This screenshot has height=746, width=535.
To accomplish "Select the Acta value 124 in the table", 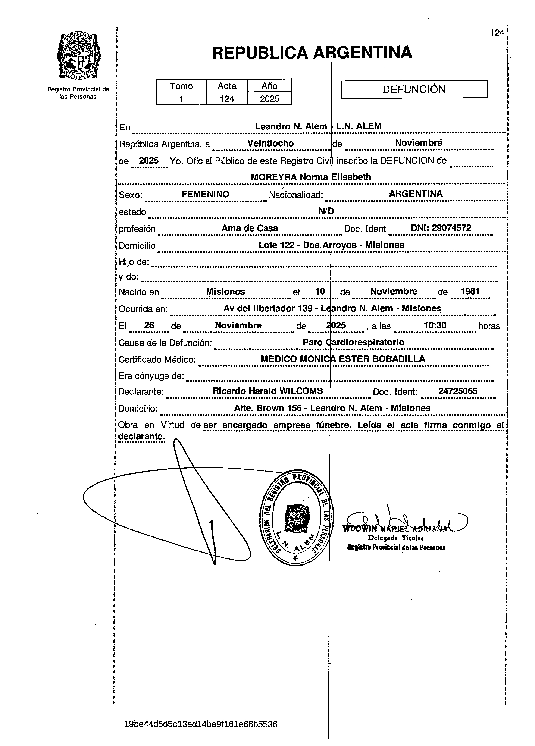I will point(227,99).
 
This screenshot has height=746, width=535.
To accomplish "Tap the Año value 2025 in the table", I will point(269,99).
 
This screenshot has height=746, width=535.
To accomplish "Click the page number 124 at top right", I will point(497,33).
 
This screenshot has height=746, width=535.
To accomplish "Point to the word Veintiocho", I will point(270,143).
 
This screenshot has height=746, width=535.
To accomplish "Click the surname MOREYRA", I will point(274,177).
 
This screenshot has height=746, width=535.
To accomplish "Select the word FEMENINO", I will point(205,194).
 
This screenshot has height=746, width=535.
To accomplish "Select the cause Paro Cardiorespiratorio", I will point(353,342).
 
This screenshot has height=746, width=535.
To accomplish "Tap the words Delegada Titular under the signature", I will point(395,538).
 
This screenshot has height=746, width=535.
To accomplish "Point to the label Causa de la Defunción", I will point(165,343).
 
